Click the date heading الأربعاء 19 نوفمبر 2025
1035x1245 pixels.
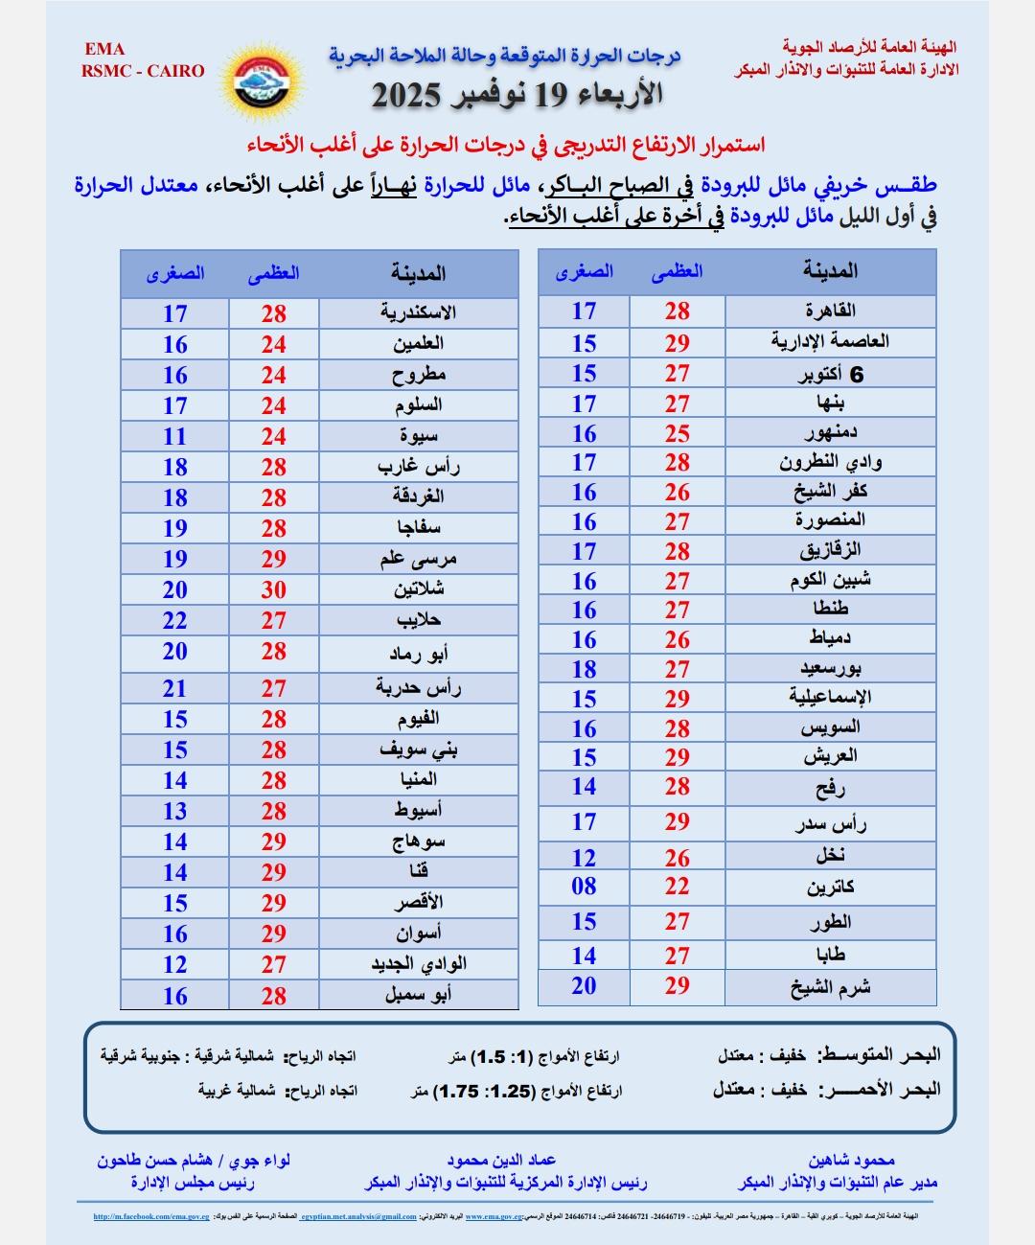[517, 95]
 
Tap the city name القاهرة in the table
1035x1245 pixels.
[830, 311]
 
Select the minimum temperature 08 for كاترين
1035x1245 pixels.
[584, 887]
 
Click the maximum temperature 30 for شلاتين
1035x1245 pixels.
[274, 589]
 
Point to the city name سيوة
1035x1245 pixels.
[419, 436]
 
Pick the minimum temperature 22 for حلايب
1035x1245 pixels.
[174, 620]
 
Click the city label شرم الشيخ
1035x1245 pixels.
[830, 987]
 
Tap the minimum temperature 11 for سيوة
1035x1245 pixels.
[174, 436]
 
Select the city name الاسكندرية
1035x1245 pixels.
[418, 313]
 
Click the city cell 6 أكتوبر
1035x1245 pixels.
[830, 374]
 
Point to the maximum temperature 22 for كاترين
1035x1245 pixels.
[678, 887]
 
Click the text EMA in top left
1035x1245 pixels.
[104, 50]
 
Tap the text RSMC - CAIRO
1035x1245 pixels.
[144, 71]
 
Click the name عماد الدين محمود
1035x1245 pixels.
[515, 1161]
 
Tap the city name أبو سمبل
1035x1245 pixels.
[418, 995]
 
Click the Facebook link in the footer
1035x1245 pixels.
[150, 1217]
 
